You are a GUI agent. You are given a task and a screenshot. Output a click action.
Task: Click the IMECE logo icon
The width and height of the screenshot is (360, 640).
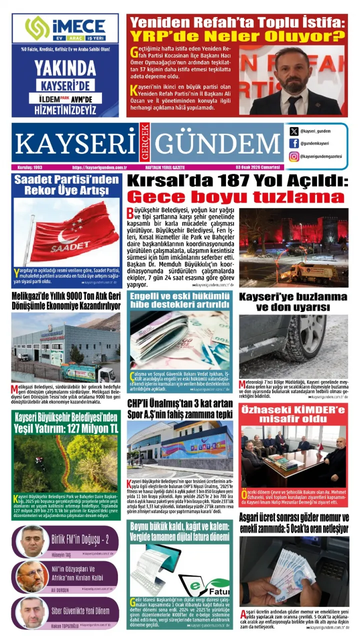(37, 27)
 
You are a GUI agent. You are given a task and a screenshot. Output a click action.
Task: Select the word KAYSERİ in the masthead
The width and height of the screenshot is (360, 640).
(76, 144)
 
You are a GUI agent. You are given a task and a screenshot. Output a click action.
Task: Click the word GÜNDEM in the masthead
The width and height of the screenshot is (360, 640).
(216, 144)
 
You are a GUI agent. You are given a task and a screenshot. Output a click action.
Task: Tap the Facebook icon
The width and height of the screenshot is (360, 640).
(294, 143)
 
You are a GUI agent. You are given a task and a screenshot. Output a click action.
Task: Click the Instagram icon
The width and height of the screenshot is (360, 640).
(294, 156)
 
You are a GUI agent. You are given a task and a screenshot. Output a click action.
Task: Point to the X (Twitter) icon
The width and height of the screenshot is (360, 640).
(294, 131)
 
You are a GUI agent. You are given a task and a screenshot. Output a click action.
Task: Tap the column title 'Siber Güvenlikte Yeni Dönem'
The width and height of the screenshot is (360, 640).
(80, 611)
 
